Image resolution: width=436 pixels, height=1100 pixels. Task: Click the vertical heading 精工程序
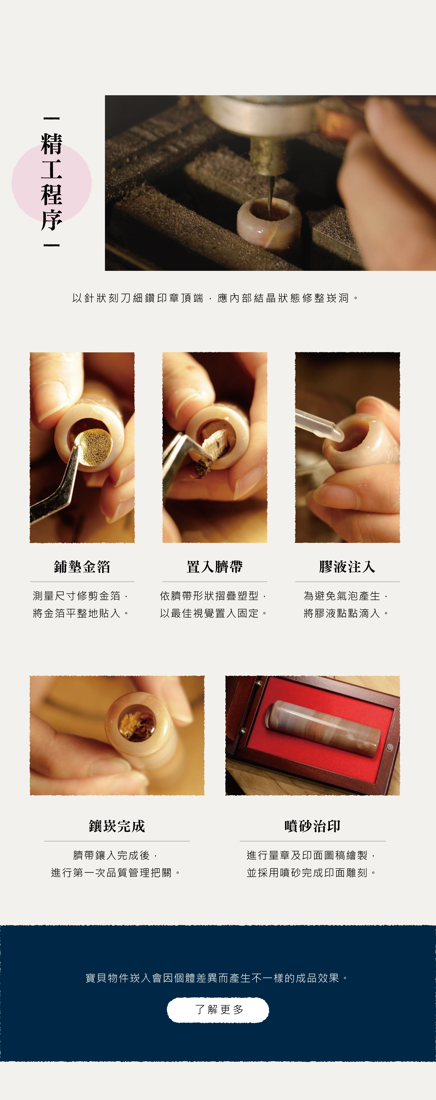[52, 182]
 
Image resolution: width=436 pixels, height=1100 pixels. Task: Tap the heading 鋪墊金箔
[82, 567]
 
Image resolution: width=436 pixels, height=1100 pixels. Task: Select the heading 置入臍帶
[215, 567]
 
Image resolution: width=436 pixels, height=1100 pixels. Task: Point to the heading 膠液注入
[347, 567]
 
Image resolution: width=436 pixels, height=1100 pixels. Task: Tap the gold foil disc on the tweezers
[96, 447]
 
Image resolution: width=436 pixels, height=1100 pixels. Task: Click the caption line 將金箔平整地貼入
[81, 613]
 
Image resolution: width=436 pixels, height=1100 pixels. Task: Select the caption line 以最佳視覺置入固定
[213, 613]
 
